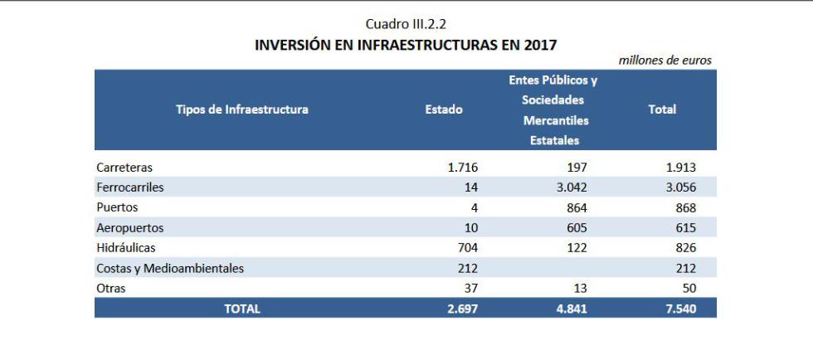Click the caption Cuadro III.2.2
click(x=406, y=24)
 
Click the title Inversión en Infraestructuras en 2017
click(x=406, y=45)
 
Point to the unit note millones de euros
click(x=665, y=61)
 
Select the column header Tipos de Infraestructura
click(x=241, y=109)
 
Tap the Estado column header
click(x=444, y=109)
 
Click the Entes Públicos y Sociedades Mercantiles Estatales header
click(x=553, y=110)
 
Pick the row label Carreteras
click(x=124, y=168)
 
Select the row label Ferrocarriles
click(x=130, y=187)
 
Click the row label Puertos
click(x=117, y=207)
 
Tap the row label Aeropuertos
click(x=130, y=227)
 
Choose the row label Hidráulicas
click(x=126, y=247)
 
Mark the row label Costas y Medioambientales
click(x=170, y=268)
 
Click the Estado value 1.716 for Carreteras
click(x=462, y=168)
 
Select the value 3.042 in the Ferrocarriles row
click(x=571, y=187)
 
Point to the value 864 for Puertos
click(x=576, y=207)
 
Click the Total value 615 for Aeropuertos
click(x=684, y=227)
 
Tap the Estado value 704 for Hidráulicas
click(x=467, y=247)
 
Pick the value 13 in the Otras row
click(x=579, y=288)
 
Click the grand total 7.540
click(x=679, y=309)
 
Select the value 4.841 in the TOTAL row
click(x=571, y=309)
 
